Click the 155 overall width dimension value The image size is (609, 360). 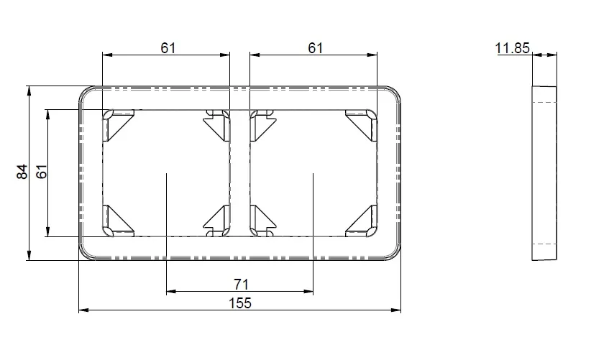pyautogui.click(x=240, y=303)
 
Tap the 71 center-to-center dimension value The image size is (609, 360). pyautogui.click(x=241, y=285)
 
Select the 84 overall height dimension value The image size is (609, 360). pyautogui.click(x=22, y=172)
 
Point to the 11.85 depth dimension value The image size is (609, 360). pyautogui.click(x=512, y=48)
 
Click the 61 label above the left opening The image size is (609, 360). pyautogui.click(x=168, y=48)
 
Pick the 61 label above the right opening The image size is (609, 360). pyautogui.click(x=316, y=48)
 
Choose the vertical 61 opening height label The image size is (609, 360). pyautogui.click(x=41, y=172)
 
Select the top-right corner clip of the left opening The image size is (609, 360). pyautogui.click(x=216, y=124)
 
